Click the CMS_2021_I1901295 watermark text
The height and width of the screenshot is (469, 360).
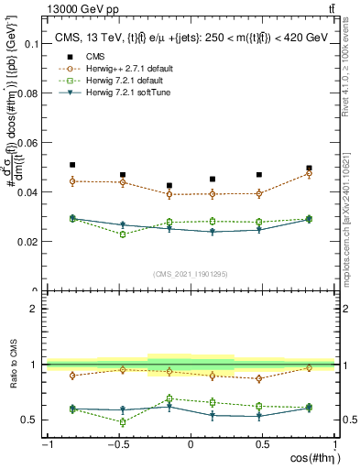coord(190,274)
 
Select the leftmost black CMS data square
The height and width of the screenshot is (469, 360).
coord(72,165)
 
